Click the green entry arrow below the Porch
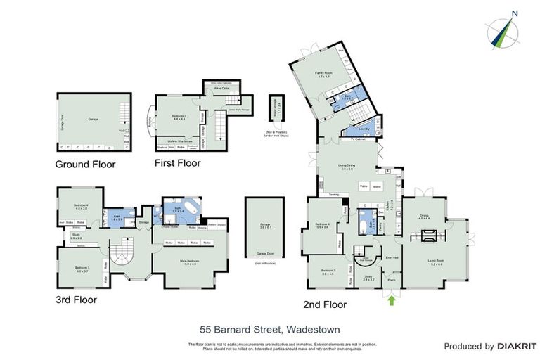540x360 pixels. tap(390, 300)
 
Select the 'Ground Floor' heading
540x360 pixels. tap(85, 165)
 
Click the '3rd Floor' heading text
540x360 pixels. tap(76, 299)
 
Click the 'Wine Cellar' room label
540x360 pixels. tap(221, 89)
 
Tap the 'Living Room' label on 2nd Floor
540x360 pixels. tap(436, 262)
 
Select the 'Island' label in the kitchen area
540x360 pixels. tap(376, 186)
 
